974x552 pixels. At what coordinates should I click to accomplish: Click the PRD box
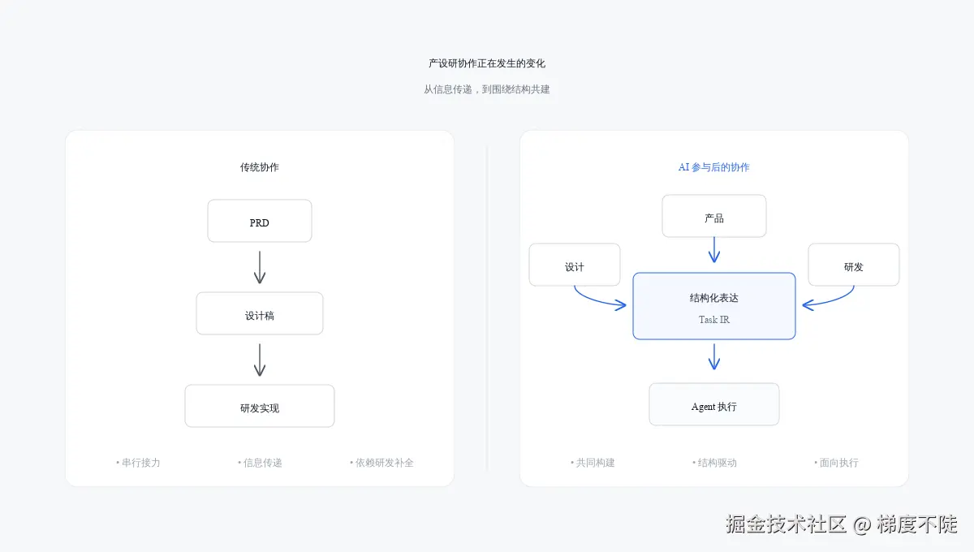coord(260,221)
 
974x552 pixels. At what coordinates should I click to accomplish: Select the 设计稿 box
coord(260,314)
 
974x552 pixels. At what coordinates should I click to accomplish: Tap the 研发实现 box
coord(260,407)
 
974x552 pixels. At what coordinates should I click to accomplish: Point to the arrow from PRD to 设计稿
coord(260,267)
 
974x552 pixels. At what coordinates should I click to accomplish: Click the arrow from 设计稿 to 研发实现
coord(260,360)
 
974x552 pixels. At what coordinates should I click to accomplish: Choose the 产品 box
coord(714,217)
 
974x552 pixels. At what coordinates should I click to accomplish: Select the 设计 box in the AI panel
coord(575,265)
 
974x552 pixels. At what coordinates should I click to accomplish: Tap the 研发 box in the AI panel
coord(854,265)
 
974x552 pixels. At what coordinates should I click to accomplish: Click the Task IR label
coord(714,320)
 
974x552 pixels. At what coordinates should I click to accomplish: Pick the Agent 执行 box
coord(714,405)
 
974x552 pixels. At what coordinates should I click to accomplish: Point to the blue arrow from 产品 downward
coord(714,250)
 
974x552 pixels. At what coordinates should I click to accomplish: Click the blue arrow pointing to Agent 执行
coord(714,356)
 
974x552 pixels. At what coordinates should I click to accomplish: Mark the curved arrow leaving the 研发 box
coord(833,301)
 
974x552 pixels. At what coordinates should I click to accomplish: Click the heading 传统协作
coord(260,167)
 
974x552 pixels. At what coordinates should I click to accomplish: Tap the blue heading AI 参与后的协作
coord(714,167)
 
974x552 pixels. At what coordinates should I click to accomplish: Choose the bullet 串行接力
coord(139,463)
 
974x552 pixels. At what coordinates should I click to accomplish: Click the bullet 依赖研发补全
coord(382,463)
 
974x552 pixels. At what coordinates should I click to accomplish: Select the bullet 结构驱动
coord(715,463)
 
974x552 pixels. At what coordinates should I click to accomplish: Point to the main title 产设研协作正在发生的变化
coord(487,63)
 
